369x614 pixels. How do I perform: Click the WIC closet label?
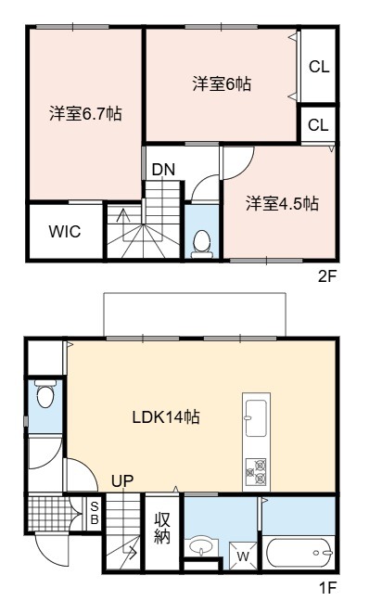pos(65,231)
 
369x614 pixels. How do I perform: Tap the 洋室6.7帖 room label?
pos(85,113)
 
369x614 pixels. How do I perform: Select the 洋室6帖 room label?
pos(222,83)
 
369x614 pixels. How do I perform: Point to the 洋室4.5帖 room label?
pos(282,204)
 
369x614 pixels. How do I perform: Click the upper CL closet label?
pos(319,67)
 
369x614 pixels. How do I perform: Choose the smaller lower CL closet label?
pos(318,125)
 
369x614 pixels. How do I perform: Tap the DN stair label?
pos(163,170)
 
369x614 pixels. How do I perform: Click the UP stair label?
pos(122,480)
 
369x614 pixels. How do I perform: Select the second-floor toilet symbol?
pos(202,244)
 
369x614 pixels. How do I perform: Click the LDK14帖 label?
pos(166,417)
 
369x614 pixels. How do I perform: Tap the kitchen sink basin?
pos(256,417)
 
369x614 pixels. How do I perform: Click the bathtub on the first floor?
pos(299,553)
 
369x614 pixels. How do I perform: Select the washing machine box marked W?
pos(243,556)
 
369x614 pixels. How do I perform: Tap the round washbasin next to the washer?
pos(201,546)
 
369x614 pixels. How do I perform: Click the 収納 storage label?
pos(162,528)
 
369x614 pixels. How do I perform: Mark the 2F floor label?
pos(327,276)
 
